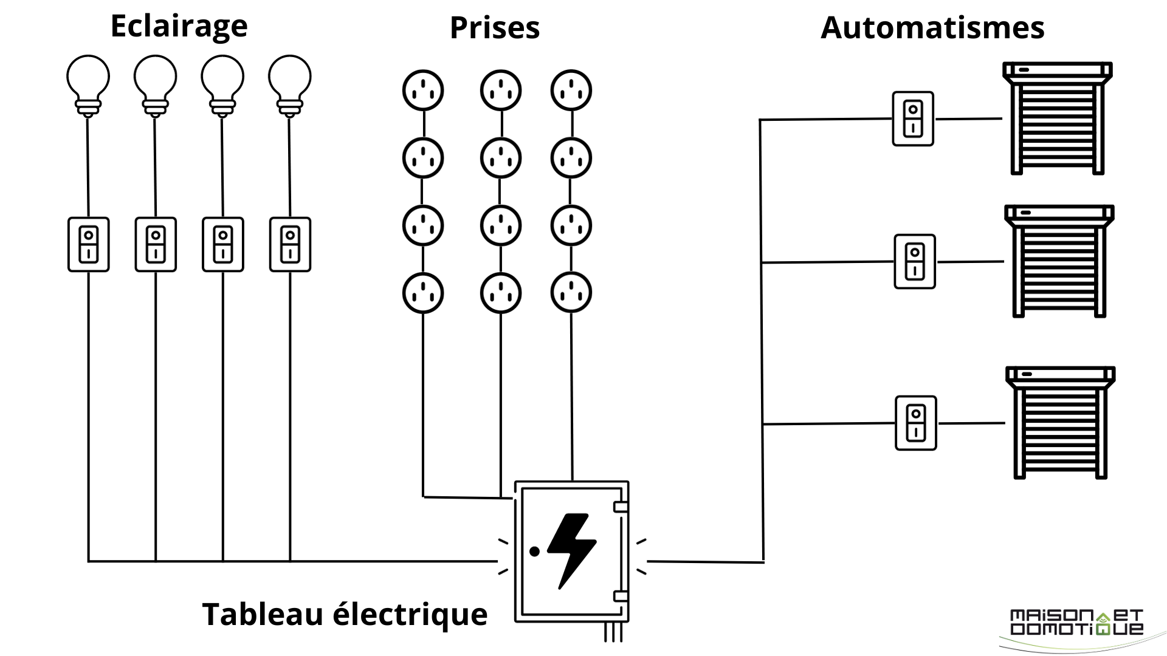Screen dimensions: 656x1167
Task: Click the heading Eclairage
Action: click(179, 26)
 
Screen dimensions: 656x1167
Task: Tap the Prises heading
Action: click(494, 28)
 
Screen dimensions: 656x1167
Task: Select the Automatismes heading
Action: click(932, 28)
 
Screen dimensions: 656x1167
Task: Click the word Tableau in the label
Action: click(263, 614)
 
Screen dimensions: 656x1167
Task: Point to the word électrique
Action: click(411, 614)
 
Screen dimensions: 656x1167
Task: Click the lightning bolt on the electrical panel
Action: click(571, 550)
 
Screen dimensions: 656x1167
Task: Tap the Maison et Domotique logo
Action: click(1076, 623)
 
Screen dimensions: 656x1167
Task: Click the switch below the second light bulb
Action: click(156, 244)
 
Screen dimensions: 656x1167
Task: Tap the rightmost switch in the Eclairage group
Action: click(290, 244)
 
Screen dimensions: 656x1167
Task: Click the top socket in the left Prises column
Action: click(423, 91)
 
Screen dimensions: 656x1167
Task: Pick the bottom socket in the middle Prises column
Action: click(501, 293)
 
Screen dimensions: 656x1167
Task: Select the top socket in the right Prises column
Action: click(571, 91)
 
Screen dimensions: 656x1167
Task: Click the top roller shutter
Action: click(1057, 118)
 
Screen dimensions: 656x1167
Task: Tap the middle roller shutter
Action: click(1059, 261)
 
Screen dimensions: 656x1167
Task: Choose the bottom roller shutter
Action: click(1060, 423)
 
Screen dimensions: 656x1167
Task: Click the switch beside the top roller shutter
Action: click(913, 119)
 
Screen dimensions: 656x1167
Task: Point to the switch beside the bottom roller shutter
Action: click(916, 423)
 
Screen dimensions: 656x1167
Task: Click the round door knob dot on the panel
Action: click(534, 552)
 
